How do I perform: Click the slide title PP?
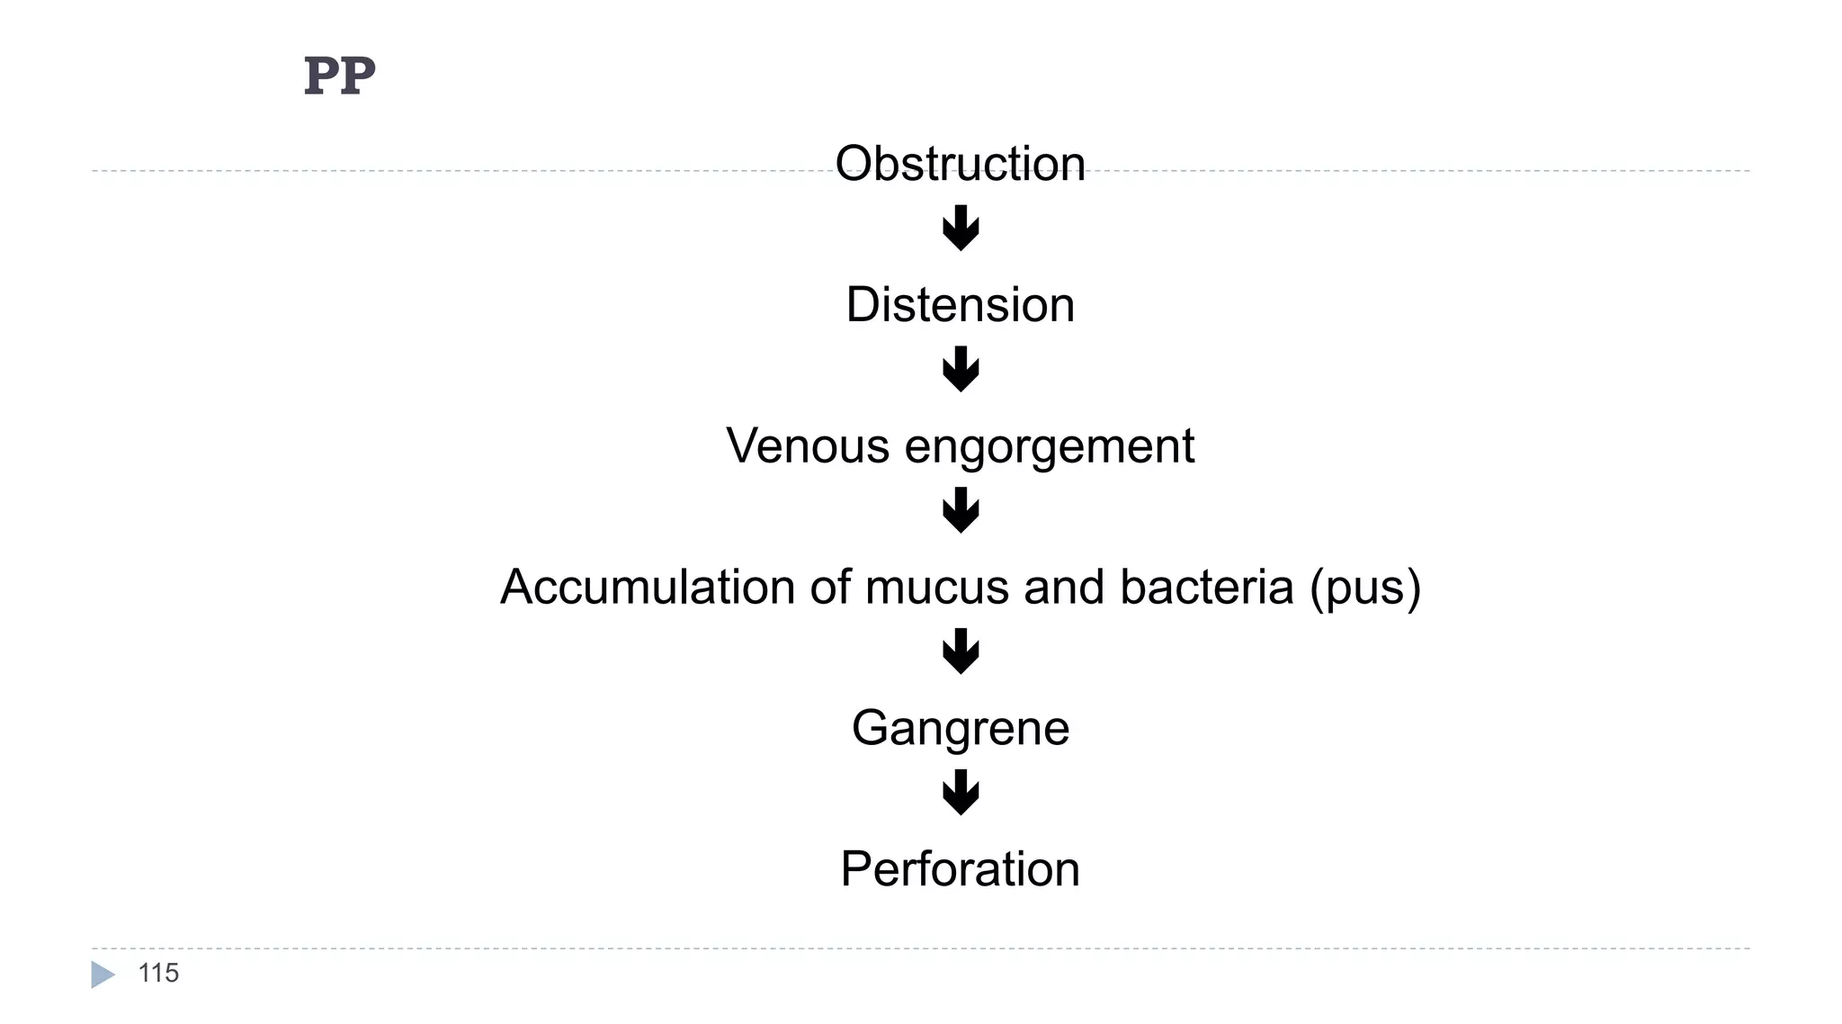click(x=339, y=76)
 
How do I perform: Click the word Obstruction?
click(x=960, y=164)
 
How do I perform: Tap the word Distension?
click(x=960, y=305)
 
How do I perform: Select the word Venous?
click(x=808, y=446)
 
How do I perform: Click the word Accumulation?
click(x=647, y=588)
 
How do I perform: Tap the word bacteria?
click(x=1206, y=588)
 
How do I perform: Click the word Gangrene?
click(x=960, y=729)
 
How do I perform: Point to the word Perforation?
click(x=960, y=869)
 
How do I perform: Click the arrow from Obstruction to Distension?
click(x=961, y=229)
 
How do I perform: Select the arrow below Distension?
click(x=961, y=369)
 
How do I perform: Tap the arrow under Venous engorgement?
click(x=961, y=510)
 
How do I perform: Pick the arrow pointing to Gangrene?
click(x=961, y=651)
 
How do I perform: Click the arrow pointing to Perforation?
click(x=961, y=793)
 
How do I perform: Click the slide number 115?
click(x=158, y=974)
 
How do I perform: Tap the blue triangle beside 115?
click(x=103, y=975)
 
